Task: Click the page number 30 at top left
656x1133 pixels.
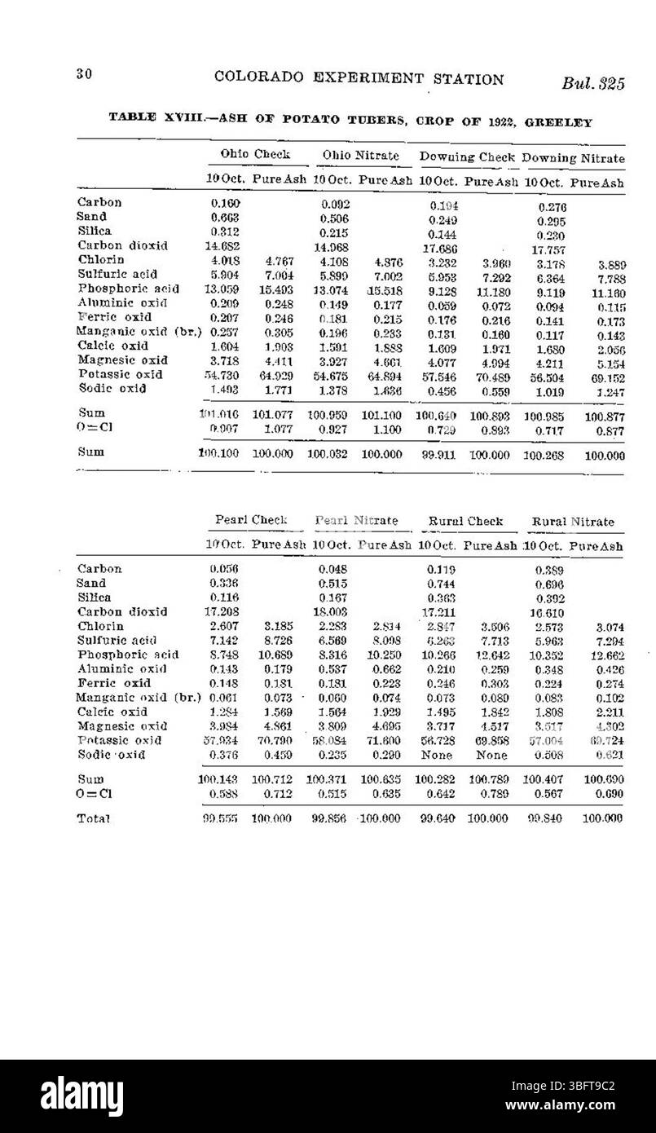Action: [81, 75]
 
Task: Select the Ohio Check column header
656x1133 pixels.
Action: [254, 154]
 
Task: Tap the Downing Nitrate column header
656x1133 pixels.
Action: [573, 157]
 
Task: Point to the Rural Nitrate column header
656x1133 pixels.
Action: [572, 521]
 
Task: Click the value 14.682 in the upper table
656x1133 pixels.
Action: [222, 245]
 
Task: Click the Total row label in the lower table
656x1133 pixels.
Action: [94, 817]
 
